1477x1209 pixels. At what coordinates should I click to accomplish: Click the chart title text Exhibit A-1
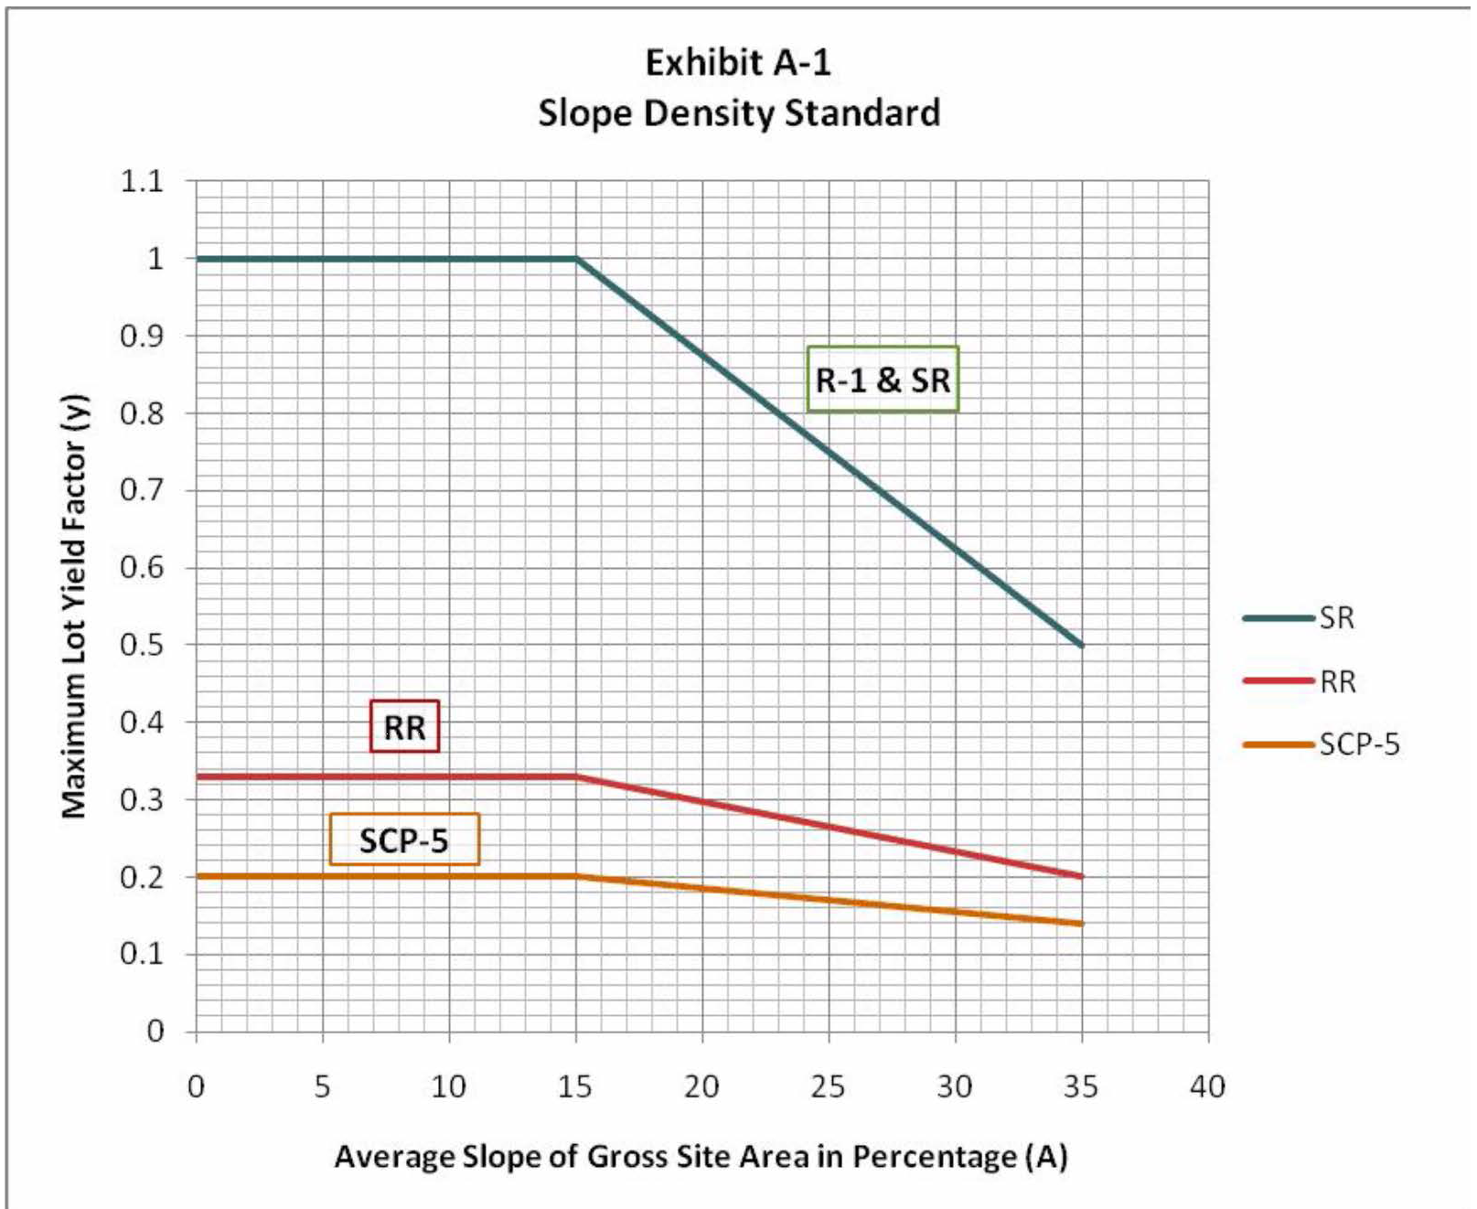coord(738,62)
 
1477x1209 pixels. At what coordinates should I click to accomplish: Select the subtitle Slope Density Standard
coord(738,113)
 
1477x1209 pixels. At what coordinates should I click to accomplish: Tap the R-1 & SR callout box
coord(883,380)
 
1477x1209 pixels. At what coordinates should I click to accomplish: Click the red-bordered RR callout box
coord(404,727)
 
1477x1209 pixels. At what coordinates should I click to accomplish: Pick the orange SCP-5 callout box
coord(403,840)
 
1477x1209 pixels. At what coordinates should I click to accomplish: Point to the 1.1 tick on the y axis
coord(142,181)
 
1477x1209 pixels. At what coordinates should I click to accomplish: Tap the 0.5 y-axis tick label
coord(142,645)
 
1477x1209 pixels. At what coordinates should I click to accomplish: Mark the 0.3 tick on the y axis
coord(142,799)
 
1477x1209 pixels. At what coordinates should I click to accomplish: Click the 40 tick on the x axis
coord(1207,1086)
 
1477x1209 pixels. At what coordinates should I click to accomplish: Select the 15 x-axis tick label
coord(574,1086)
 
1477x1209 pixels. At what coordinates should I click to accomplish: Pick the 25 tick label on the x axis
coord(828,1086)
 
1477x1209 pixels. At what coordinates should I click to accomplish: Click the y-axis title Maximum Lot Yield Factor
coord(74,606)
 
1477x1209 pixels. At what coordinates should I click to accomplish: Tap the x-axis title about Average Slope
coord(701,1157)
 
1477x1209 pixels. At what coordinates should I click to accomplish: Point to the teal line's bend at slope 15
coord(576,259)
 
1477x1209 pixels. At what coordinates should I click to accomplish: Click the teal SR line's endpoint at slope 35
coord(1082,646)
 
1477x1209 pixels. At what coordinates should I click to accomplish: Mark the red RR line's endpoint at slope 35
coord(1082,876)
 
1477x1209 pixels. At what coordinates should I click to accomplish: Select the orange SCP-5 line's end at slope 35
coord(1082,924)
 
